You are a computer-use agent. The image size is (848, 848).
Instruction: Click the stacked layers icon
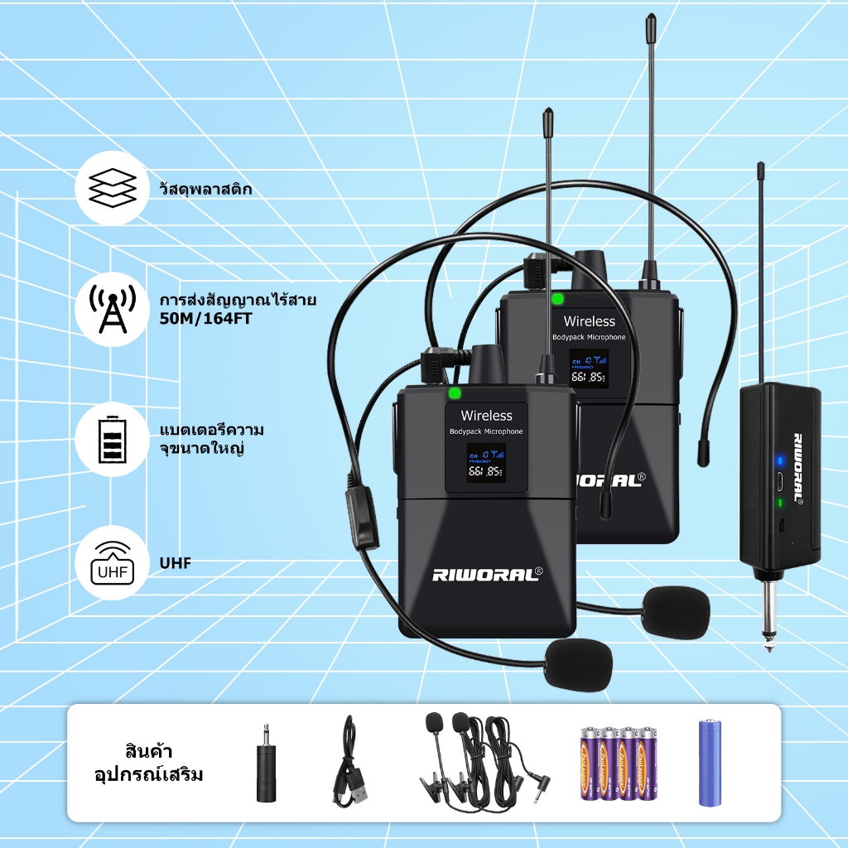(112, 189)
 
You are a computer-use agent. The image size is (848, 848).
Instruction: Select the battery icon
(112, 438)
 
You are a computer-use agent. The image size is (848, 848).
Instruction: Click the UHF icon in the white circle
(112, 563)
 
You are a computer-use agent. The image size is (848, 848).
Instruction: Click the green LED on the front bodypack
(453, 394)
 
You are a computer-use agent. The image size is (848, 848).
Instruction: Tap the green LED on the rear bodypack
(557, 299)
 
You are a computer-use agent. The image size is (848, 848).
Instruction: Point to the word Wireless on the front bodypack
(486, 415)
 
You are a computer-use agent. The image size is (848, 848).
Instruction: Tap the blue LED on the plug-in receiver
(778, 460)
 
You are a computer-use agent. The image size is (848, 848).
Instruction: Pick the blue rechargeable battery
(710, 763)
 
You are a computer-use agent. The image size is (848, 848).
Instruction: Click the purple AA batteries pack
(618, 763)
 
